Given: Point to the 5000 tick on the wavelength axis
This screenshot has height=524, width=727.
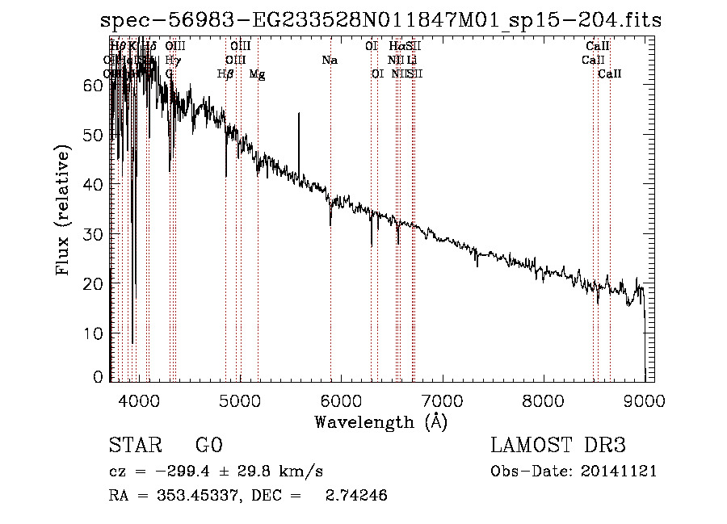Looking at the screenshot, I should tap(239, 398).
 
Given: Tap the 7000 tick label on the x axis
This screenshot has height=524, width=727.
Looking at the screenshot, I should tap(441, 398).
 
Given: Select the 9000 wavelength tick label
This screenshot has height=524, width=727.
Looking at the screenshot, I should tap(644, 398).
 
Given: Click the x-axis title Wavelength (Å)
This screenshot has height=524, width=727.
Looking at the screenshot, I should tap(380, 421).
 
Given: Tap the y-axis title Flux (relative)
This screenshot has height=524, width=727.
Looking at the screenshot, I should tap(64, 212).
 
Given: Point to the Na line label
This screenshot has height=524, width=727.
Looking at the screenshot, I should tap(330, 61).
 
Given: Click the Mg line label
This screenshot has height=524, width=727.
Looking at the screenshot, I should tap(257, 74).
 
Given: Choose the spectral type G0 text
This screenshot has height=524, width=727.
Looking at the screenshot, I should tap(208, 446).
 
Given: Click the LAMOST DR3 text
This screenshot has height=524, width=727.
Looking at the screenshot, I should tap(557, 446).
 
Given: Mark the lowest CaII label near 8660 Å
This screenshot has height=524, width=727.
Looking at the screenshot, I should tap(610, 74).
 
